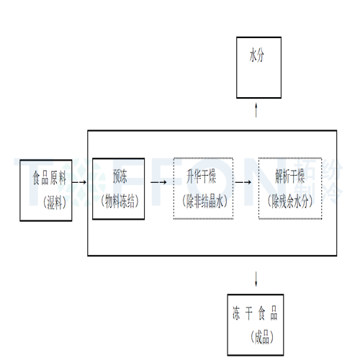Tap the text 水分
point(257,55)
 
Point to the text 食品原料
point(48,176)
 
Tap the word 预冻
point(120,176)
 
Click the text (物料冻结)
point(120,202)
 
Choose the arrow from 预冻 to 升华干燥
point(161,181)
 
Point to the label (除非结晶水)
point(204,202)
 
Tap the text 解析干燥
point(289,176)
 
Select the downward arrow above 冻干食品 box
point(257,277)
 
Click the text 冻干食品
point(255,314)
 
